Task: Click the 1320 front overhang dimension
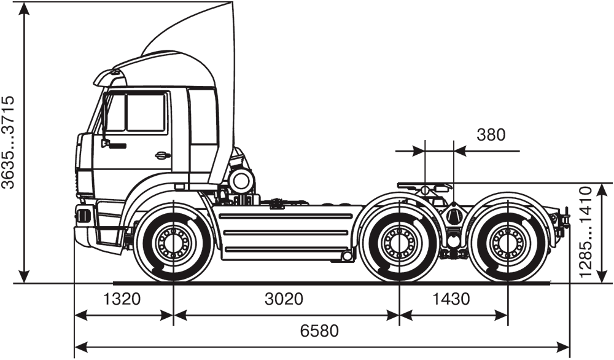point(122,300)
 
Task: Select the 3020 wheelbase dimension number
point(284,300)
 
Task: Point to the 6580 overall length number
point(319,331)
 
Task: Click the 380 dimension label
point(491,135)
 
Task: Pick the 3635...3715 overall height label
point(9,142)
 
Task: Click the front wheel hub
point(174,243)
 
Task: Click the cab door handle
point(163,155)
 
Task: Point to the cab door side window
point(146,112)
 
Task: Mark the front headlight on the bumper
point(83,216)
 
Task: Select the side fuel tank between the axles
point(286,234)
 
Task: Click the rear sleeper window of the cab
point(203,117)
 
